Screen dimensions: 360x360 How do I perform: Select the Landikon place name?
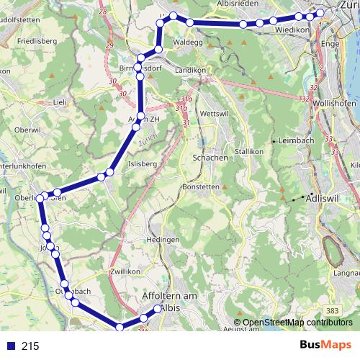pos(188,68)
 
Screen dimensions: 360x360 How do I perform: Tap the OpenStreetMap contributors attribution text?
pos(297,323)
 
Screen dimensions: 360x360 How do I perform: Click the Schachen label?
pos(210,158)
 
